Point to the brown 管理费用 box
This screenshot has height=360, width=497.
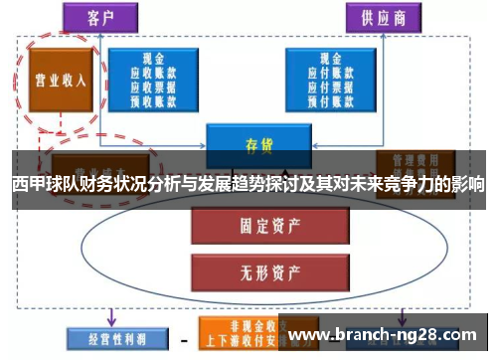[415, 160]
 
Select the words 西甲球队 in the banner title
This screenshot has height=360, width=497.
[41, 185]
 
